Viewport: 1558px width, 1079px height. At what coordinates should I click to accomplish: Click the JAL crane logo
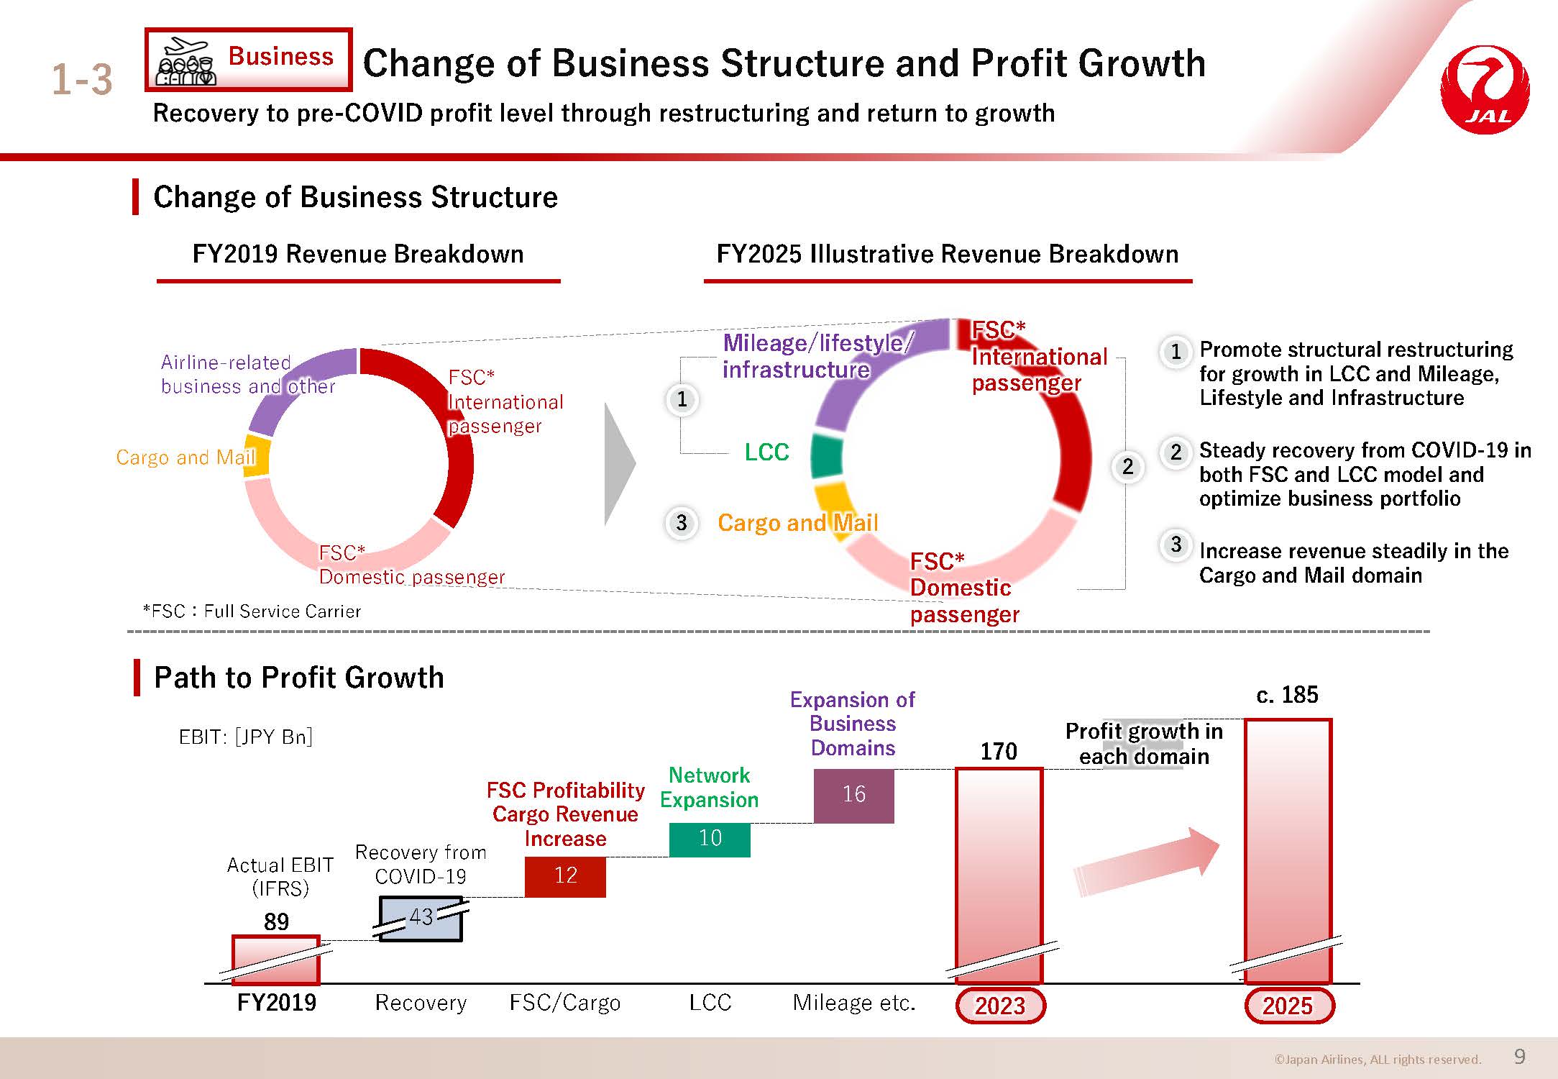click(x=1485, y=90)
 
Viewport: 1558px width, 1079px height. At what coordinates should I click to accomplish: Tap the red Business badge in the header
click(x=248, y=60)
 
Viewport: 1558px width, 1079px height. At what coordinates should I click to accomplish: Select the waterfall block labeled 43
click(x=421, y=919)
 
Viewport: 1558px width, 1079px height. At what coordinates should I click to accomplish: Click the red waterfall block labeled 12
click(x=565, y=876)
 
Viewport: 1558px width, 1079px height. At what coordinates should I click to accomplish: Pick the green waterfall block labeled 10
click(x=710, y=839)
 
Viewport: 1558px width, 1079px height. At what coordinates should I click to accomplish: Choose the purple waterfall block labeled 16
click(x=853, y=796)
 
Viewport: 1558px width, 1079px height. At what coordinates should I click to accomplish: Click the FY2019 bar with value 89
click(x=276, y=960)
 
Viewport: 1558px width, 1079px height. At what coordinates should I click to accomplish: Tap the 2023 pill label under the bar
click(x=1000, y=1006)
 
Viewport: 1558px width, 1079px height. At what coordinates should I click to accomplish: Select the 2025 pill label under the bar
click(x=1288, y=1006)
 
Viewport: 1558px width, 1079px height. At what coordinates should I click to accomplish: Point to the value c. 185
click(x=1287, y=695)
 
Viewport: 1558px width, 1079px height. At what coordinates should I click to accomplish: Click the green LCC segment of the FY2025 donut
click(x=827, y=455)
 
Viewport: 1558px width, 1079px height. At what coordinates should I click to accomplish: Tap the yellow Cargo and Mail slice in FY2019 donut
click(x=257, y=456)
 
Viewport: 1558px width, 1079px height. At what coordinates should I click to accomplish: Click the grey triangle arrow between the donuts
click(x=619, y=463)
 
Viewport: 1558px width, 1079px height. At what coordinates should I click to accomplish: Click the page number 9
click(x=1520, y=1056)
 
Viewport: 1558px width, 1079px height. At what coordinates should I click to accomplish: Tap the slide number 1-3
click(x=82, y=79)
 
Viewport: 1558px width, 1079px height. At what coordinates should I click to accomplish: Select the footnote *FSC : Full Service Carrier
click(x=252, y=611)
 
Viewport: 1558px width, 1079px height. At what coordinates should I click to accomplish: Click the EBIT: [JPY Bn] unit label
click(x=245, y=737)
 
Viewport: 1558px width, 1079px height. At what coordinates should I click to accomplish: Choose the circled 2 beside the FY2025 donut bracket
click(x=1127, y=467)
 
